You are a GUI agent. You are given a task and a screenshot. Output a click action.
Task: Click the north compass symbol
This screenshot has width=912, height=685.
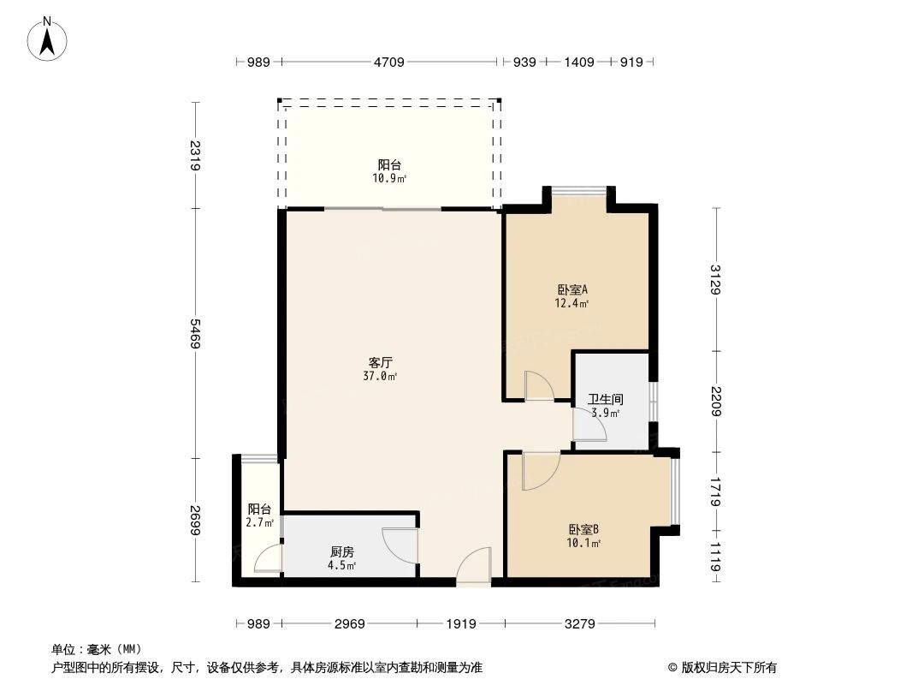pyautogui.click(x=47, y=38)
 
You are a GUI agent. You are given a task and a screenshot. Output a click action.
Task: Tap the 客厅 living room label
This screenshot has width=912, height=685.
pyautogui.click(x=381, y=369)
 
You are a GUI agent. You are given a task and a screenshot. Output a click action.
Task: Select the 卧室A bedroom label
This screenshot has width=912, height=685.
pyautogui.click(x=571, y=295)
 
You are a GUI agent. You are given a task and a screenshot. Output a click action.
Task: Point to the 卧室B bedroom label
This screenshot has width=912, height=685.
pyautogui.click(x=583, y=535)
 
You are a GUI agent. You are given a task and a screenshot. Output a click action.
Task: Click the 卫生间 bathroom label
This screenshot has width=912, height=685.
pyautogui.click(x=605, y=405)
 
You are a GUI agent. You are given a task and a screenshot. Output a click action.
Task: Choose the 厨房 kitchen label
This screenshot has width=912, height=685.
pyautogui.click(x=342, y=558)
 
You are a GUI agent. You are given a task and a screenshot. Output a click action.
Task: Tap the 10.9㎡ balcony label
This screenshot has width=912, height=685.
pyautogui.click(x=389, y=171)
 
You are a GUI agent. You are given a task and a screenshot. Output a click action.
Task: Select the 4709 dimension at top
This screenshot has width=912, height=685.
pyautogui.click(x=388, y=62)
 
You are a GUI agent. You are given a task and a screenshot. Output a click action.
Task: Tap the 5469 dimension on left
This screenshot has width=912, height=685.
pyautogui.click(x=196, y=332)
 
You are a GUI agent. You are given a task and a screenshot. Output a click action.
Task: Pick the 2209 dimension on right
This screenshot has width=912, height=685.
pyautogui.click(x=715, y=402)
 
